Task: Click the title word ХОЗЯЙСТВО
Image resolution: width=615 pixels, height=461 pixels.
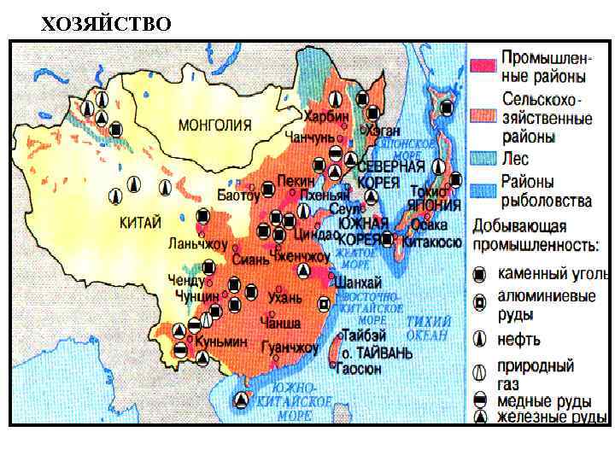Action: [x=106, y=23]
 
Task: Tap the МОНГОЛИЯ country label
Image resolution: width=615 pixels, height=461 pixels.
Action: [x=214, y=125]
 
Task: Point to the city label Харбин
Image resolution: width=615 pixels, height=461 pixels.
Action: [x=328, y=114]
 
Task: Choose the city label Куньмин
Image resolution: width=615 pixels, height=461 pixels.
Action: [x=220, y=341]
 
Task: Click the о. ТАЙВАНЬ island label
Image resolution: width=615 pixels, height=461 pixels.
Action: [x=371, y=351]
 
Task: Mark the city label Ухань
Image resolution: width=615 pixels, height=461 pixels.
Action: [x=285, y=297]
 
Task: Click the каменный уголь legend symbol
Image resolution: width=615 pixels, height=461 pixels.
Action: [x=481, y=273]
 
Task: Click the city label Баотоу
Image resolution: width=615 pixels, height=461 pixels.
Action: [x=237, y=195]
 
